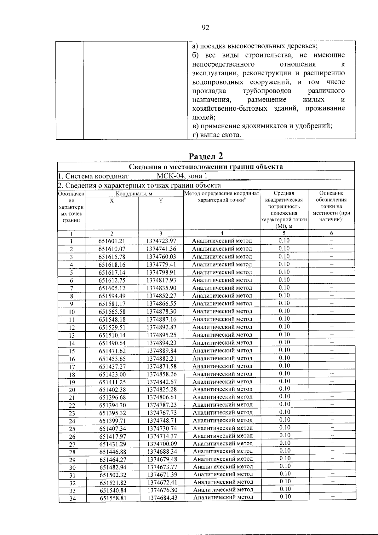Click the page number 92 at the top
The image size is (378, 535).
tap(205, 28)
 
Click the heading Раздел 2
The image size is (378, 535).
tap(206, 156)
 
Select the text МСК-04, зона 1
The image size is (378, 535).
tap(182, 176)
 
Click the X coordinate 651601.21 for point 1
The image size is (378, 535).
tap(112, 241)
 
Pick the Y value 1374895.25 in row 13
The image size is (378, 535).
tap(161, 335)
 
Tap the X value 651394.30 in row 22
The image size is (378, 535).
tap(112, 405)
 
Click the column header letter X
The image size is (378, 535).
tap(112, 201)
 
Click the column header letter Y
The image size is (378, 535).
tap(161, 201)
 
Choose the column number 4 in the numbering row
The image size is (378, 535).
tap(222, 233)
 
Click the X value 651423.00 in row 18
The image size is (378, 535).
tap(112, 375)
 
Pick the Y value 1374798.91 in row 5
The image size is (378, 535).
tap(161, 272)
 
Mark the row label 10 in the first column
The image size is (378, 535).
tap(72, 312)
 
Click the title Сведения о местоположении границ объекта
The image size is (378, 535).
tap(206, 167)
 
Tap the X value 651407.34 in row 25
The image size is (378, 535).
tap(112, 428)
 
